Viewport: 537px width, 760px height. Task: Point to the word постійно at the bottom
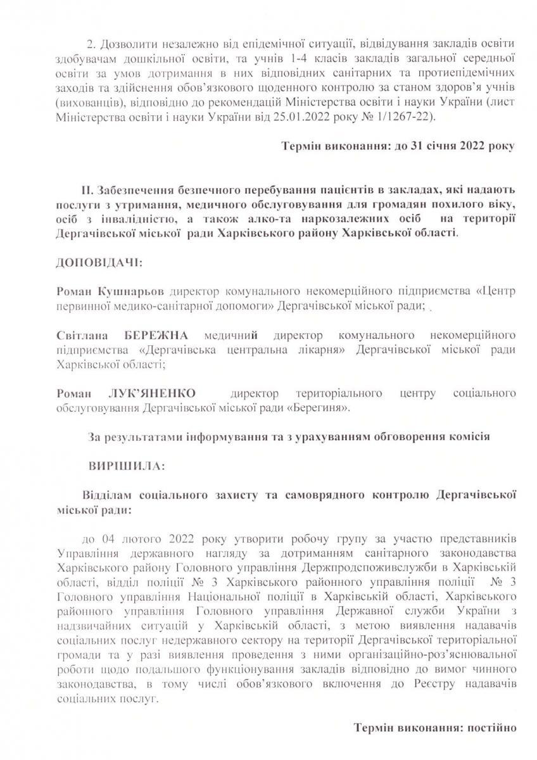tap(493, 727)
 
